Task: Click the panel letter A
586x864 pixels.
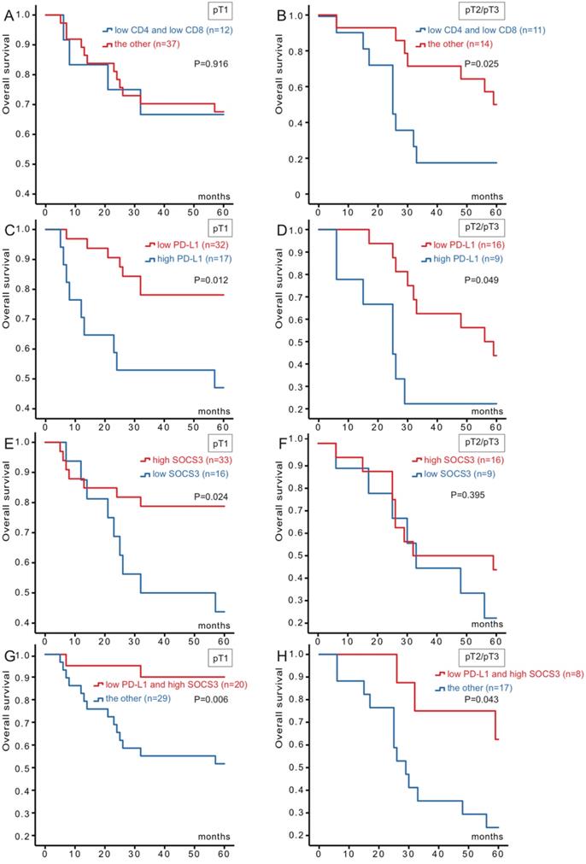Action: coord(6,15)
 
